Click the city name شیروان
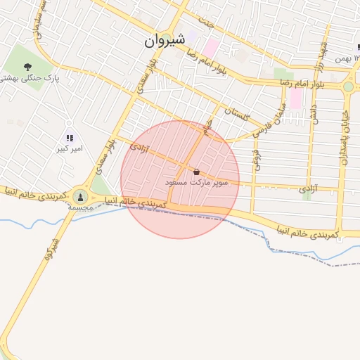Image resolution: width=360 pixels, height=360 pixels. pos(165,40)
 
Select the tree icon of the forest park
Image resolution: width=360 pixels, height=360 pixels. pos(27,67)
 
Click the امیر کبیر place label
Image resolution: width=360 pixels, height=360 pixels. pos(70,149)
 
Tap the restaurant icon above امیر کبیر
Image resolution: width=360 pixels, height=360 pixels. pos(70,138)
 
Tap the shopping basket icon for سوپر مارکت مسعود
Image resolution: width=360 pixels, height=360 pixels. pos(195,171)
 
